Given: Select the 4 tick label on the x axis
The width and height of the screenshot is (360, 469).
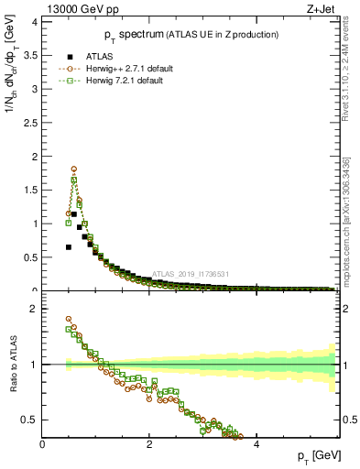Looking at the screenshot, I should (256, 444).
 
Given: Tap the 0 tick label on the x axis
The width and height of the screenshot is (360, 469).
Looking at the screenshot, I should (43, 444).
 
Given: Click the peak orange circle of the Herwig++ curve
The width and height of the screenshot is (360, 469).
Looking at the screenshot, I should (73, 169).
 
